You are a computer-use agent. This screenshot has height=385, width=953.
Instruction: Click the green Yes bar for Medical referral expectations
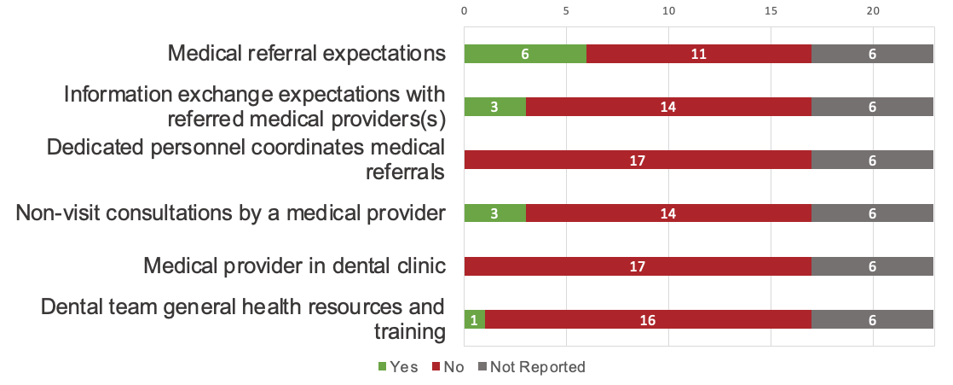click(x=525, y=54)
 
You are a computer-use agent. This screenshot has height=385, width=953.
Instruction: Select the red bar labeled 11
click(x=699, y=54)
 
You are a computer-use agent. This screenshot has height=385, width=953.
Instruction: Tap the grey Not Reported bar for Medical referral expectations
click(x=872, y=54)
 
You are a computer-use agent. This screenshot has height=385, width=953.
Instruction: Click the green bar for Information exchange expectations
click(x=494, y=107)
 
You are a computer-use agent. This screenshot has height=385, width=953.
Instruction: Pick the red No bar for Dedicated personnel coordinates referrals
click(x=638, y=160)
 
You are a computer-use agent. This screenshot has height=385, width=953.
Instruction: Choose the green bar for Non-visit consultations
click(x=494, y=213)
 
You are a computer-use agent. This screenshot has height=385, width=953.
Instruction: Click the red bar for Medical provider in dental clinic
click(x=638, y=266)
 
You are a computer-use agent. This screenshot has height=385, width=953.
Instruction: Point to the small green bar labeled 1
click(x=475, y=319)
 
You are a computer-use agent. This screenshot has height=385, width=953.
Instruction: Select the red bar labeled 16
click(x=648, y=319)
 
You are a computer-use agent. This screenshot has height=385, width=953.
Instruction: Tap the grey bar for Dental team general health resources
click(x=872, y=319)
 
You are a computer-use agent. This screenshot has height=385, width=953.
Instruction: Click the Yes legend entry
click(x=397, y=367)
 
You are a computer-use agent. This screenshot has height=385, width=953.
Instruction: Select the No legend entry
click(x=448, y=367)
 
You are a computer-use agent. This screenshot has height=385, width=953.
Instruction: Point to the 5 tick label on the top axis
click(x=566, y=11)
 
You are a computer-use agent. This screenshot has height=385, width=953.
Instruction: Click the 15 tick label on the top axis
click(x=771, y=11)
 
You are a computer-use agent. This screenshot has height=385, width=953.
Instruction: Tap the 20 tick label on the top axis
click(x=873, y=11)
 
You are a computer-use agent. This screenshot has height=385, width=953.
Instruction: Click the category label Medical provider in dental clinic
click(x=295, y=266)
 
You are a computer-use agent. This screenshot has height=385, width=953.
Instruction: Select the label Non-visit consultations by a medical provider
click(x=231, y=213)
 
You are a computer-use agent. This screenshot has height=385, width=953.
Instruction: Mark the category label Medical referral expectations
click(x=307, y=54)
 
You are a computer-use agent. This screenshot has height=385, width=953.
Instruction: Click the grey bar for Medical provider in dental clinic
click(x=872, y=266)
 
